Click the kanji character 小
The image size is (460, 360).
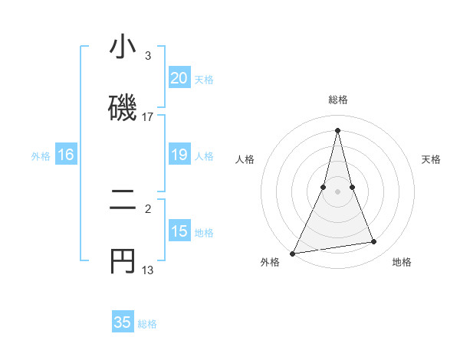[123, 47]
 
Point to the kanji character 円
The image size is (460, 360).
[123, 261]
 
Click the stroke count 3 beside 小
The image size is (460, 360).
[148, 56]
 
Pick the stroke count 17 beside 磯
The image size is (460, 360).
[148, 117]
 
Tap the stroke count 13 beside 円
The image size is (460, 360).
[148, 270]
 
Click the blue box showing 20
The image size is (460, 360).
[179, 78]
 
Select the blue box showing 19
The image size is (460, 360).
[179, 155]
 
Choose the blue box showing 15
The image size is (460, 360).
[179, 231]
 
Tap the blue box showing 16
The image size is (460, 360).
[65, 155]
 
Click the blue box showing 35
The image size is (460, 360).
[123, 322]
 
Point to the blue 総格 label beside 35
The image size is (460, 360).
[147, 324]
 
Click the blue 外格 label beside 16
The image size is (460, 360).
[41, 156]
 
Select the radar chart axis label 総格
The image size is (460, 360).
[338, 100]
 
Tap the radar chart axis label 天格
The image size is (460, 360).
[432, 159]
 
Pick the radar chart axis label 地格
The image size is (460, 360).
[402, 262]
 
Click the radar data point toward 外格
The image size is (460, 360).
[292, 254]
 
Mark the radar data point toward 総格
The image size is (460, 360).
[338, 129]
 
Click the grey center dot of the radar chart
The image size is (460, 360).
[338, 191]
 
